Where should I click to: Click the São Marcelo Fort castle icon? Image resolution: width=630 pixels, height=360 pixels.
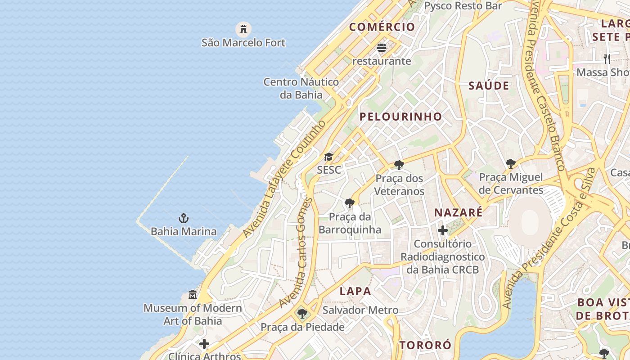[243, 30]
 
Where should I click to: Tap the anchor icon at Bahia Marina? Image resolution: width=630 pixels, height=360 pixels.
[183, 219]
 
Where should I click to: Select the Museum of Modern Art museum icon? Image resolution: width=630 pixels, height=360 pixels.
[193, 295]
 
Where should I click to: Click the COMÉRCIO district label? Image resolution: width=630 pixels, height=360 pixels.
[382, 27]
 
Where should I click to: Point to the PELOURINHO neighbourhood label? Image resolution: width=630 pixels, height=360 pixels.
[400, 117]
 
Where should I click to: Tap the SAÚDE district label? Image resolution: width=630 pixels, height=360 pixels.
[489, 85]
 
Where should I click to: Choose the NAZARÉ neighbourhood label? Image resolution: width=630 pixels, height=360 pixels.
[458, 212]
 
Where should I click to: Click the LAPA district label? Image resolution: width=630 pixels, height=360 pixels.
[355, 291]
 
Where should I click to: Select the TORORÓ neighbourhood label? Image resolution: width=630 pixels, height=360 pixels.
[425, 345]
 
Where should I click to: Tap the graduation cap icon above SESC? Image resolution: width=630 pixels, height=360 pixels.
[329, 157]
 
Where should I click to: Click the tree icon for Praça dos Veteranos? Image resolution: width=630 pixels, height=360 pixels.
[399, 165]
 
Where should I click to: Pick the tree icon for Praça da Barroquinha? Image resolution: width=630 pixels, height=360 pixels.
[349, 203]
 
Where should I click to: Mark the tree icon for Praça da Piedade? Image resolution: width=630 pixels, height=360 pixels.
[302, 314]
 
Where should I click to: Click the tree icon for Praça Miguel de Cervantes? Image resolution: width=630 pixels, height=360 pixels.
[510, 164]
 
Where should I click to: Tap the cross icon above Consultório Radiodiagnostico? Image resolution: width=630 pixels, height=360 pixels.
[443, 231]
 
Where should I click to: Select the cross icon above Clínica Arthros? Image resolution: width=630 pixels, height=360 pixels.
[204, 344]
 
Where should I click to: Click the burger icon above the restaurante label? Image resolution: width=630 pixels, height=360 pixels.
[382, 48]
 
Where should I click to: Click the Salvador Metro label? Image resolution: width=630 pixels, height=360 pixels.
[360, 310]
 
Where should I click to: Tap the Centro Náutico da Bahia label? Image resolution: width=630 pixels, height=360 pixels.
[301, 88]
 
